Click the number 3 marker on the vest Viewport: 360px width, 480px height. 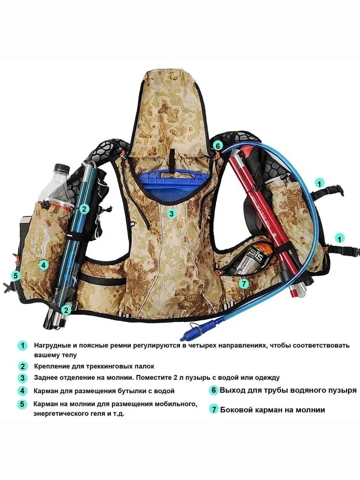point(171,214)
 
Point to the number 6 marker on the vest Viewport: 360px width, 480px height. point(217,146)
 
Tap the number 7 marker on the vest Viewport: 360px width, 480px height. point(244,284)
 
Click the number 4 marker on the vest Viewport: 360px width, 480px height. point(44,265)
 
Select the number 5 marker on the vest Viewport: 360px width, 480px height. point(15,276)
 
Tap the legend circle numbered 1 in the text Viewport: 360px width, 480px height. point(22,346)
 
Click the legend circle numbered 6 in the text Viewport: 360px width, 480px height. point(214,390)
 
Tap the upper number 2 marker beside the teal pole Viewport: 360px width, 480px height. point(84,209)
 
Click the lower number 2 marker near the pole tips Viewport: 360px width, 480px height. point(66,310)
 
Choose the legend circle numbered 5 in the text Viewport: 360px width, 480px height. point(22,404)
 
